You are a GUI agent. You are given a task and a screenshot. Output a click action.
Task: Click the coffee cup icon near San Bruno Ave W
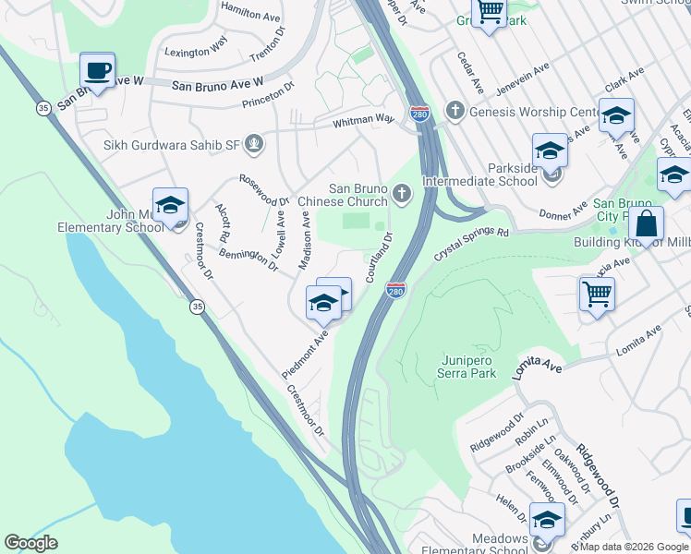click(97, 70)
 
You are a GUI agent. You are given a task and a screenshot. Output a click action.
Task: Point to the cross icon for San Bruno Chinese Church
click(400, 193)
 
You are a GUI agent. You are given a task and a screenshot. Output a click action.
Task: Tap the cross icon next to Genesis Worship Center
click(455, 111)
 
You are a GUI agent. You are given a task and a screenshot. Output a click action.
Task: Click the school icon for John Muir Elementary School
click(171, 206)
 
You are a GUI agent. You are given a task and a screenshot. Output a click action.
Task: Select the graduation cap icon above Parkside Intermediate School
click(550, 151)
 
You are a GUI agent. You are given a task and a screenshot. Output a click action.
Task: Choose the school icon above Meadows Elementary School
click(547, 520)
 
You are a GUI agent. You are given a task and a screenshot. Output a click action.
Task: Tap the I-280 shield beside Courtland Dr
click(395, 292)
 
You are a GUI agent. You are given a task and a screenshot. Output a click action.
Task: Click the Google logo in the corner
click(30, 543)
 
